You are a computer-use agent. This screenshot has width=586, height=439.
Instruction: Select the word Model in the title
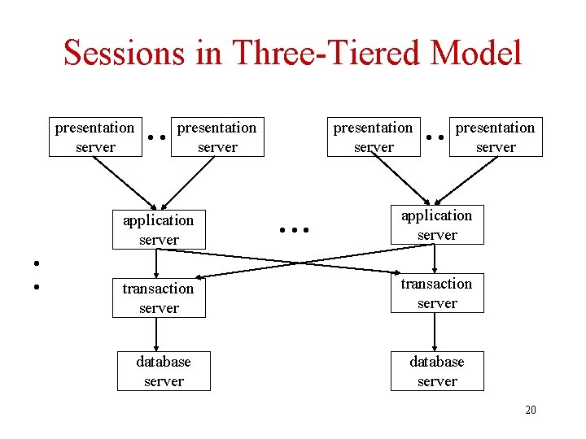[477, 54]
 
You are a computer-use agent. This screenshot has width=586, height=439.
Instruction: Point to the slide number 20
[530, 410]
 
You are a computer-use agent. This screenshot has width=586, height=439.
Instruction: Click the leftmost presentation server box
[94, 137]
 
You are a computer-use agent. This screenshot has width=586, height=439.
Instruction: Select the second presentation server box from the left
[217, 137]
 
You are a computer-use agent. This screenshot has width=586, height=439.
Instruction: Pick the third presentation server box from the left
[374, 137]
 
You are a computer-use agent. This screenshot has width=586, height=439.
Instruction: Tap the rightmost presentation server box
[495, 137]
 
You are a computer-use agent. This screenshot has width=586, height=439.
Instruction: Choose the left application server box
[159, 229]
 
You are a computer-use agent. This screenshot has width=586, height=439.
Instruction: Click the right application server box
[437, 224]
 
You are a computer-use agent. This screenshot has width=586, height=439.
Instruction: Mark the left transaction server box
[159, 298]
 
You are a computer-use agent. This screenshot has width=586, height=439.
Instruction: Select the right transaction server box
[437, 293]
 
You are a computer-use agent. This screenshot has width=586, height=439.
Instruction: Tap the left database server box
[164, 371]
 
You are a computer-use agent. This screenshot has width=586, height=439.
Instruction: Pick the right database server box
[437, 371]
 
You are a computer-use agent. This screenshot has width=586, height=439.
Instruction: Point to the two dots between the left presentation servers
[158, 137]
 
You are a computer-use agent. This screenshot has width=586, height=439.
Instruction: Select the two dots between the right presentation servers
[435, 137]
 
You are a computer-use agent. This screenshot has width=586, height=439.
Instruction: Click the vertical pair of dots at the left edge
[36, 275]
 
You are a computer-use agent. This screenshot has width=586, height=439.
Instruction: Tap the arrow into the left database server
[156, 334]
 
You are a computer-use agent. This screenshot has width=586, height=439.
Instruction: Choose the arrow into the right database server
[435, 332]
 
